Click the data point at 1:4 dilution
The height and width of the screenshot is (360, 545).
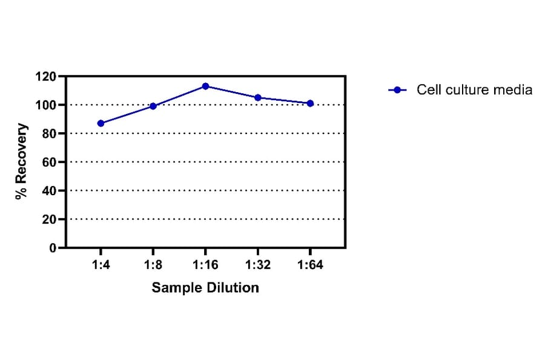point(101,123)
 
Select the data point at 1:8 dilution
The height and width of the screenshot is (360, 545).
point(153,106)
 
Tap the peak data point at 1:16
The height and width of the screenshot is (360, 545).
point(205,86)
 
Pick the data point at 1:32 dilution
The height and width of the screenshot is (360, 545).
point(258,98)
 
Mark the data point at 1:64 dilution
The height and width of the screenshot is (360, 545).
point(310,103)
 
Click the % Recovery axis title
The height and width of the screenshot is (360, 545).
point(22,161)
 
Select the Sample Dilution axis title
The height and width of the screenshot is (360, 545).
point(205,287)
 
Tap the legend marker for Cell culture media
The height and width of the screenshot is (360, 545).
point(397,90)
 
